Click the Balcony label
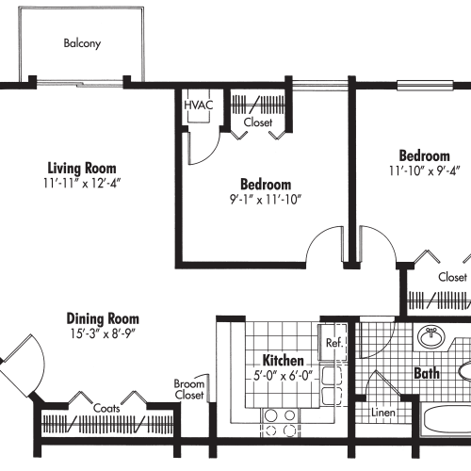(82, 43)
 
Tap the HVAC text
(198, 105)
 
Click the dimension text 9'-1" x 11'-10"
(265, 199)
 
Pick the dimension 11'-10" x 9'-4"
(422, 171)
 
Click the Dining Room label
(103, 318)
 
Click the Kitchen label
(284, 361)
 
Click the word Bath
(427, 374)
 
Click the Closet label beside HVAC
(258, 122)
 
